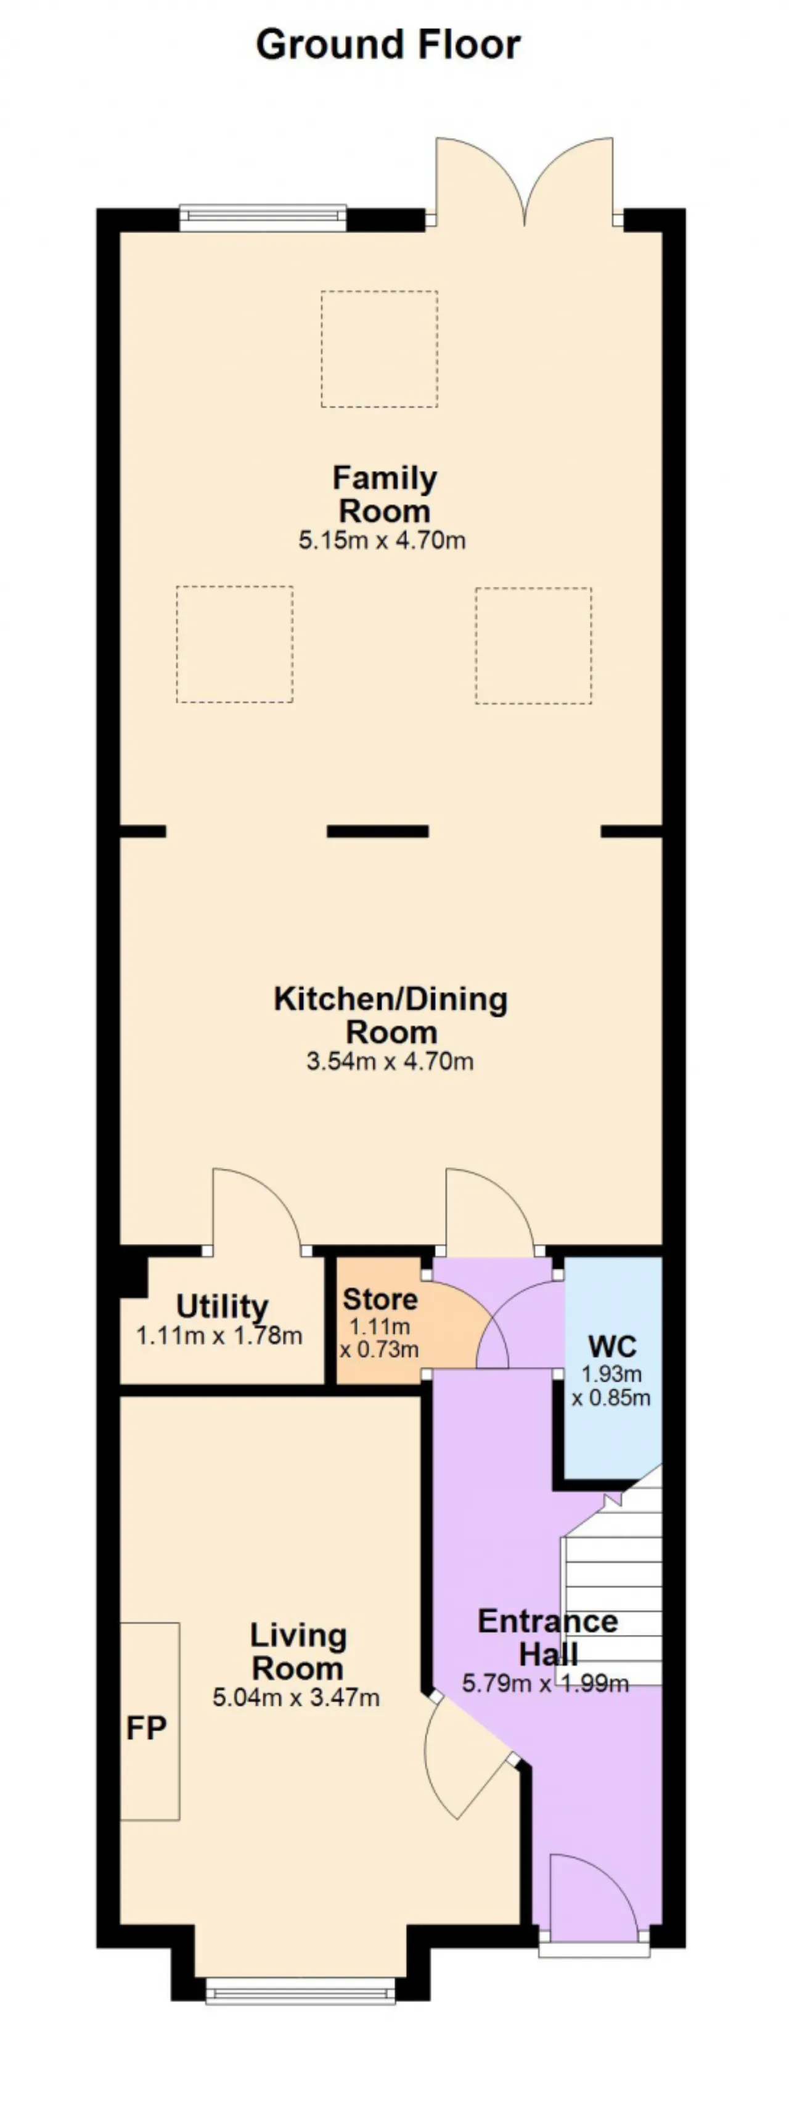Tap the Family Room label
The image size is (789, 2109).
click(x=385, y=494)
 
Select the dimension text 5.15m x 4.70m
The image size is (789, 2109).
click(x=382, y=540)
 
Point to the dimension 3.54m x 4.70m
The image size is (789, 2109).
click(x=390, y=1061)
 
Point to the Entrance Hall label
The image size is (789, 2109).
click(x=547, y=1637)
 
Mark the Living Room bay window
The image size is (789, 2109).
click(x=300, y=1990)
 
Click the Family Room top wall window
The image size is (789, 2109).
click(x=262, y=218)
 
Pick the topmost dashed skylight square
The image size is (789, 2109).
click(x=379, y=349)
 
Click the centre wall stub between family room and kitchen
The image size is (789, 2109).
click(x=377, y=831)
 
